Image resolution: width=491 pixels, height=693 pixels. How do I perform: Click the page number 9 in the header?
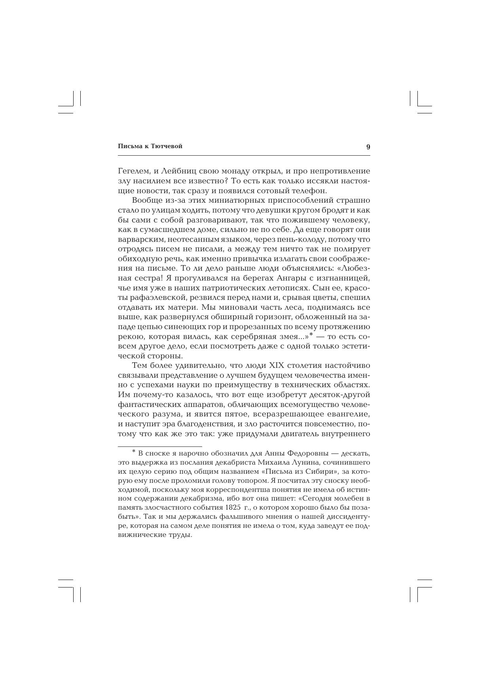[368, 147]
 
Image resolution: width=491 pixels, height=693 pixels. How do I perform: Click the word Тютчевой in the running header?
[168, 146]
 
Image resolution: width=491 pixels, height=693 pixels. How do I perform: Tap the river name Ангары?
[281, 278]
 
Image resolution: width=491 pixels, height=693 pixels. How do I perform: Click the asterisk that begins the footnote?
[134, 451]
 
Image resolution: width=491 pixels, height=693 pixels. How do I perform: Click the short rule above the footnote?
[160, 446]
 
